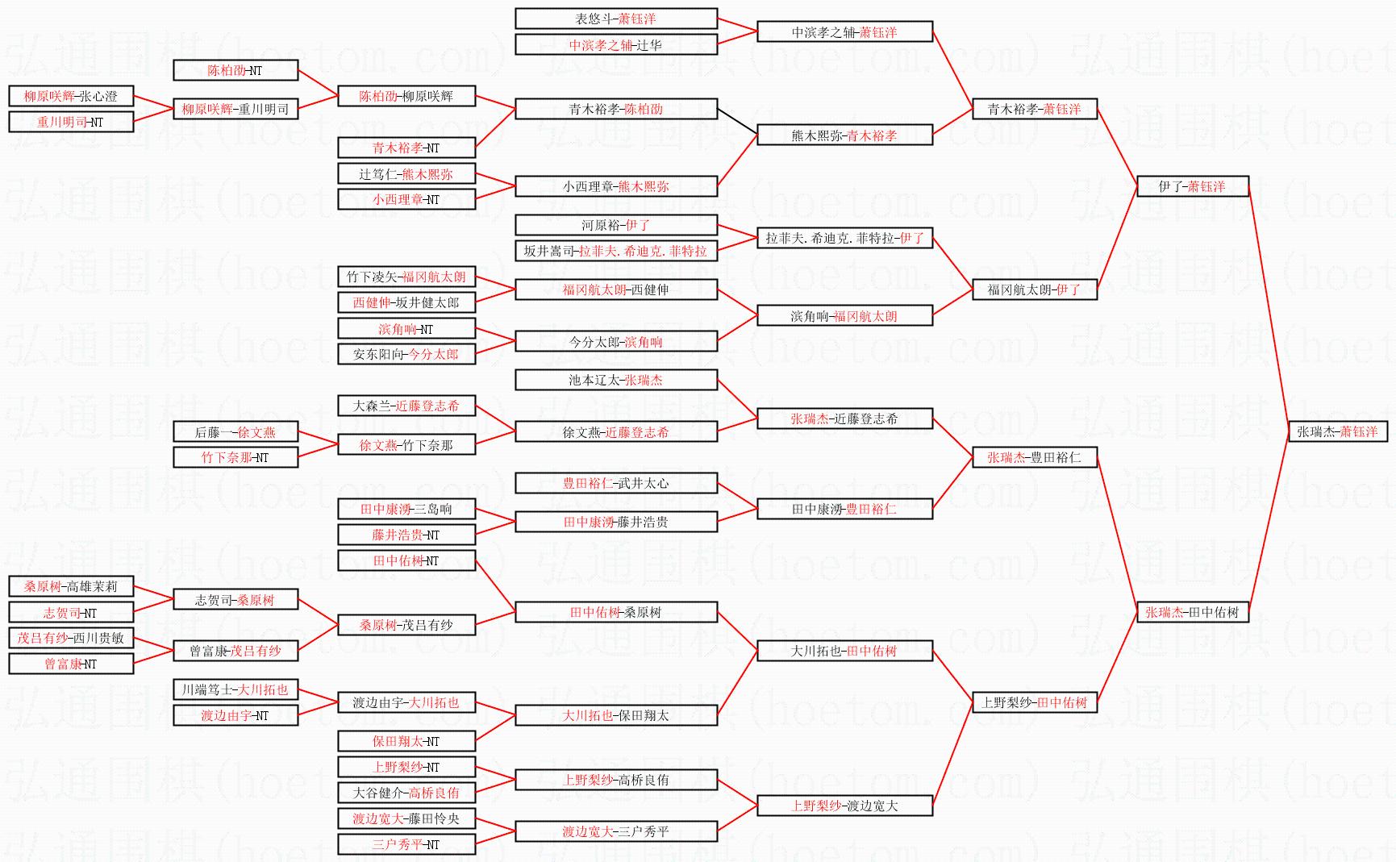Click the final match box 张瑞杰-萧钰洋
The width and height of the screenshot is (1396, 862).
[x=1337, y=431]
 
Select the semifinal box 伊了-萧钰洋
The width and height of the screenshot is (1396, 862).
[x=1192, y=186]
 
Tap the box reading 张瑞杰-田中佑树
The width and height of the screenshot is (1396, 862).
[x=1192, y=612]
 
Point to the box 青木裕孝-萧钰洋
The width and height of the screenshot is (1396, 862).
[x=1035, y=109]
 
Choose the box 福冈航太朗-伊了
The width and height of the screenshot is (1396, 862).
[x=1035, y=289]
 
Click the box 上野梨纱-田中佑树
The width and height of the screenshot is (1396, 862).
[x=1035, y=702]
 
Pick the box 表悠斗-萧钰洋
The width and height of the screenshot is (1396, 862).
[x=616, y=19]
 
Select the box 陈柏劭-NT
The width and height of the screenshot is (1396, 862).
[x=235, y=70]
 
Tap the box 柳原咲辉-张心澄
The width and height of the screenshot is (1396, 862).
[x=71, y=96]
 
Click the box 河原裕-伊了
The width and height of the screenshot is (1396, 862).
[x=616, y=225]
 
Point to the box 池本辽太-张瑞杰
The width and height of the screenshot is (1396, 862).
[x=616, y=380]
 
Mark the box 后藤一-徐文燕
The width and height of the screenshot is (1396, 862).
[x=235, y=432]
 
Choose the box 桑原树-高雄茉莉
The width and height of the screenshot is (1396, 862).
[x=71, y=586]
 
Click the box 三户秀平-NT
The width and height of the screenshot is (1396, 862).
[x=406, y=844]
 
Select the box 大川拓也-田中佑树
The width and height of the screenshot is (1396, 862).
[x=844, y=651]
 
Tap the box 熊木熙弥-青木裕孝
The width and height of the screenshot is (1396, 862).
[x=844, y=135]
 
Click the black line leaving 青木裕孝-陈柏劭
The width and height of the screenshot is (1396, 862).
[x=737, y=121]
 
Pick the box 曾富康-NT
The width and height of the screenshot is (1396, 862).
[x=71, y=664]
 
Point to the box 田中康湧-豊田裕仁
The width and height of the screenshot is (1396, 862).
[x=844, y=509]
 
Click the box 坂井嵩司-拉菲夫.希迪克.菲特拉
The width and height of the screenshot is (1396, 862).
[x=616, y=251]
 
